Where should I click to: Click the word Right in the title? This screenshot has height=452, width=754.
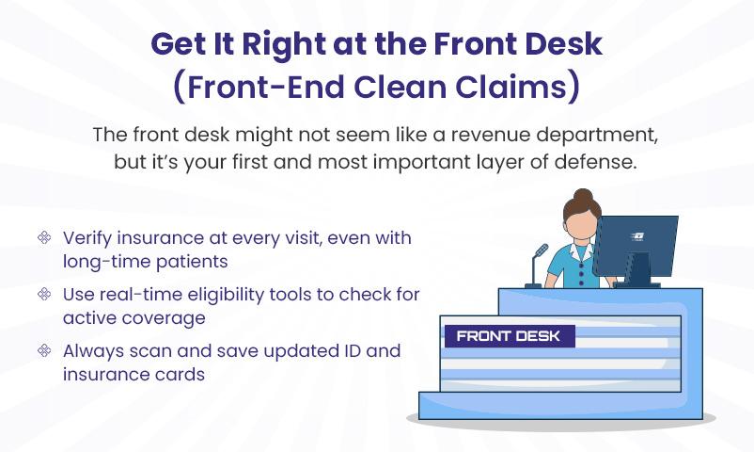pyautogui.click(x=284, y=44)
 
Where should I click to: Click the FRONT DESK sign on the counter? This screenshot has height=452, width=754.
pyautogui.click(x=510, y=336)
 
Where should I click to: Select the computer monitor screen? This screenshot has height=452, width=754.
pyautogui.click(x=636, y=246)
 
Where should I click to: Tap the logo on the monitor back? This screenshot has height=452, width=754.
pyautogui.click(x=637, y=236)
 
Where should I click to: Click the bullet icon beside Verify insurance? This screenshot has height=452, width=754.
pyautogui.click(x=44, y=237)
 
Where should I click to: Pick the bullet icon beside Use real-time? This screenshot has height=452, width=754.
pyautogui.click(x=44, y=294)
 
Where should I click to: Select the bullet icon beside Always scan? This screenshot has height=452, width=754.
pyautogui.click(x=44, y=350)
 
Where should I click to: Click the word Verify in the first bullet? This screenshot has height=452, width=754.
pyautogui.click(x=87, y=238)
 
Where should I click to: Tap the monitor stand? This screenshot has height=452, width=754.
pyautogui.click(x=638, y=271)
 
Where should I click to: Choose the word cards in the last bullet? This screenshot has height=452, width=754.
pyautogui.click(x=182, y=375)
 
